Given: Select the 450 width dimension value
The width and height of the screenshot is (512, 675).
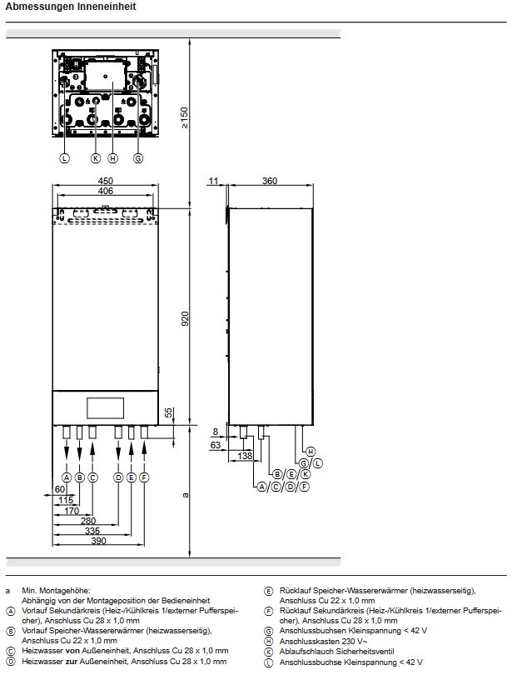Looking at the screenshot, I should tap(105, 181).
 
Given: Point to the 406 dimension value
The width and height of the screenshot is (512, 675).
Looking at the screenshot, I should tap(105, 192).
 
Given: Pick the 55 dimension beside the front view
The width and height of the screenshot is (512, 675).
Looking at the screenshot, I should tap(169, 412).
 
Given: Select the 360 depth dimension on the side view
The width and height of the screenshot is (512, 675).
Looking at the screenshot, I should tap(269, 181).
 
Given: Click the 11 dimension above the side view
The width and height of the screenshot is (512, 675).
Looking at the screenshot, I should tap(213, 181).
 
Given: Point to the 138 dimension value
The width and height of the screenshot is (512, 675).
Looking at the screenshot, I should tap(245, 457).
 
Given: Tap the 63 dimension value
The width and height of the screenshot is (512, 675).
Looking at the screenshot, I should tap(215, 446).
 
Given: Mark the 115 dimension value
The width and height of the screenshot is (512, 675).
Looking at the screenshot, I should tap(66, 499).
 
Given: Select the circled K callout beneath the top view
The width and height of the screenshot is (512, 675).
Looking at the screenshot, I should tap(96, 158).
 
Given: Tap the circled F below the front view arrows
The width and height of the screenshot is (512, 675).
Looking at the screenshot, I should tap(144, 477).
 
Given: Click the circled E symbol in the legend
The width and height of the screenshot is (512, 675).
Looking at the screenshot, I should tap(268, 591).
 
